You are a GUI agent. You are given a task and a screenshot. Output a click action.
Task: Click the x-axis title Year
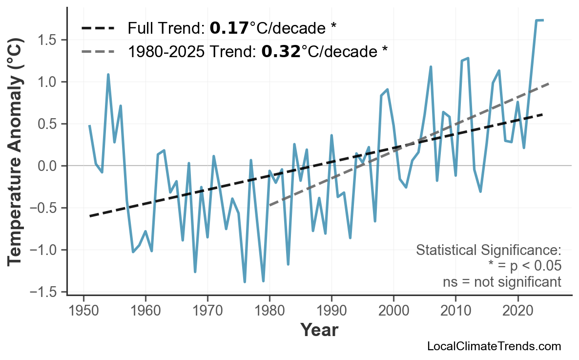click(x=319, y=330)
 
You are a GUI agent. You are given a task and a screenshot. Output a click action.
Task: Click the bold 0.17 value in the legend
click(x=229, y=28)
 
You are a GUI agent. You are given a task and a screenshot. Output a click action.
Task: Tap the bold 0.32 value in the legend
click(x=281, y=51)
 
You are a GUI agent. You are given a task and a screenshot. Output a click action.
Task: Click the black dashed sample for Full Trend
click(x=98, y=28)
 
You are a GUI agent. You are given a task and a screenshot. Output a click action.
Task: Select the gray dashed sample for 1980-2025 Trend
click(x=98, y=51)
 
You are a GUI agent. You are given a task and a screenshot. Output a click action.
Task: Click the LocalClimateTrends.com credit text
click(x=494, y=347)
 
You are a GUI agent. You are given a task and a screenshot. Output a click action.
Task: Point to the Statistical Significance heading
click(x=488, y=251)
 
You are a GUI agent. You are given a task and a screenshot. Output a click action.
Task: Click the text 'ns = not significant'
click(x=502, y=282)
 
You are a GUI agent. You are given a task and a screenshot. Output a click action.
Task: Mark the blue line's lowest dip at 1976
click(x=245, y=282)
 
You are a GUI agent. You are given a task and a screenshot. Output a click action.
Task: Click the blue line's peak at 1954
click(x=108, y=75)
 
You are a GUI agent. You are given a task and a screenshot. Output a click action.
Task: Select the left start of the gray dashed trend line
click(x=270, y=205)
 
